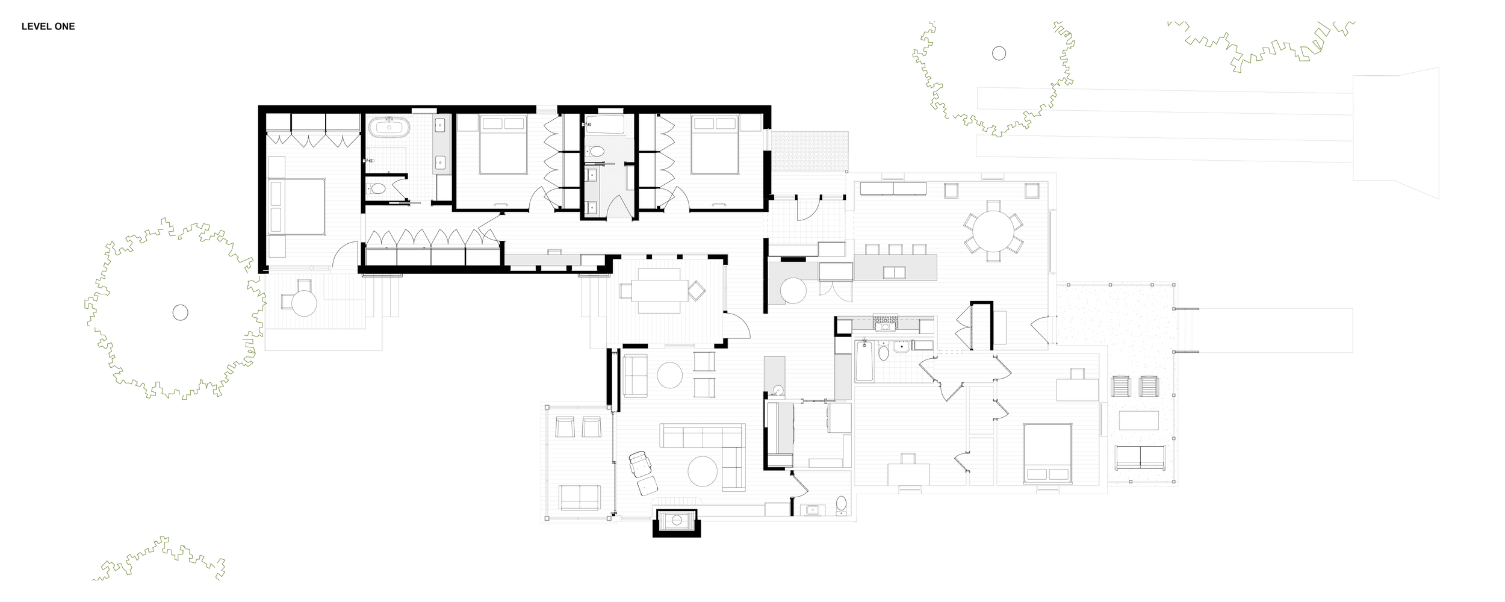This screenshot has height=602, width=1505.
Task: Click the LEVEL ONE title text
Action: click(48, 26)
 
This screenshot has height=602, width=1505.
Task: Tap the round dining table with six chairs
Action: click(993, 231)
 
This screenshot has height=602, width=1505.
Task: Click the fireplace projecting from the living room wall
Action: click(677, 521)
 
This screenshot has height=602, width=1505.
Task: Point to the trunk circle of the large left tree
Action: click(180, 312)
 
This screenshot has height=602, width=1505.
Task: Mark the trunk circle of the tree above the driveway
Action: click(999, 54)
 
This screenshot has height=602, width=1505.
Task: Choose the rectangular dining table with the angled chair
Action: click(659, 291)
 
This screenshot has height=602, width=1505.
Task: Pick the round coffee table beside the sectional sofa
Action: click(703, 471)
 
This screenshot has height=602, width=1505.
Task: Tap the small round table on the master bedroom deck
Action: click(304, 303)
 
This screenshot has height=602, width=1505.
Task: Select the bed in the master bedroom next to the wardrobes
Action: click(296, 206)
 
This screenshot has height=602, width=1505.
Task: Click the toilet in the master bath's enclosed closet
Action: click(378, 188)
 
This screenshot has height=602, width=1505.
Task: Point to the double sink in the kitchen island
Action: click(894, 272)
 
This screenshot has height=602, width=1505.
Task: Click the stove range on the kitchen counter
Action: click(885, 323)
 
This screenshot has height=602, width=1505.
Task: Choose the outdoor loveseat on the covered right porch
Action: click(1140, 458)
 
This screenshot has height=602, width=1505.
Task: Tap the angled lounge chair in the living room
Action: click(640, 464)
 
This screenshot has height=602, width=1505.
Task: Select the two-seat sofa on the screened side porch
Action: click(579, 497)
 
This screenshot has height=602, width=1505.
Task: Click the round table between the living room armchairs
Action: click(669, 375)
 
